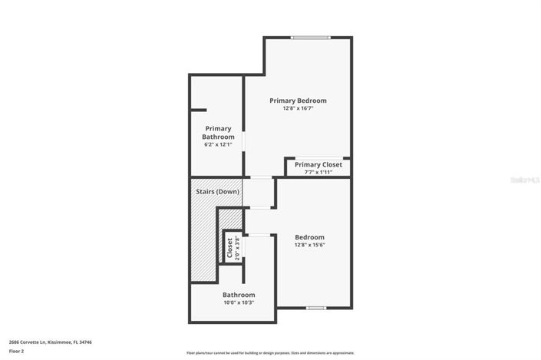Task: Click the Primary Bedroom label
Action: coord(298,101)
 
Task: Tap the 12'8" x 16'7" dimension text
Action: coord(298,108)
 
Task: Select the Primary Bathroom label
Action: coord(218,132)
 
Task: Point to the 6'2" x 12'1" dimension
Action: coord(218,144)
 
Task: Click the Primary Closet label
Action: coord(318,164)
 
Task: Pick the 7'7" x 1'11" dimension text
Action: coord(318,172)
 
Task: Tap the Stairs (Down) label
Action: coord(218,191)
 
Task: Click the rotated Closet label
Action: coord(229,247)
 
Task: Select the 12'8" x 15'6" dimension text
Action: coord(310,246)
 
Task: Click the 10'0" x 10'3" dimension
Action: coord(239,302)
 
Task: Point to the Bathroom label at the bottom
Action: coord(239,295)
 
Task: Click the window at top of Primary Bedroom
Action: coord(310,37)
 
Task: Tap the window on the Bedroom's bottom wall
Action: coord(315,308)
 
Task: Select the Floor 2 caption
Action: coord(17,351)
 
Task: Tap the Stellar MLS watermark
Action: coord(526,180)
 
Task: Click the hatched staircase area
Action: coord(204,238)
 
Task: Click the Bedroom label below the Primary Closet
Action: coord(310,237)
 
